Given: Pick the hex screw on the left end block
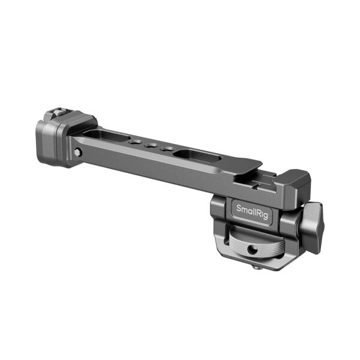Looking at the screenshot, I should (x=78, y=153).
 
